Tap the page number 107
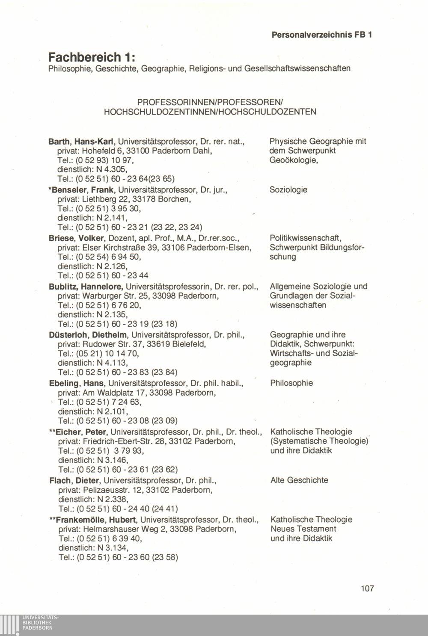tap(367, 588)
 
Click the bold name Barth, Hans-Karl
tap(83, 141)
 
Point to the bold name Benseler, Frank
tap(83, 189)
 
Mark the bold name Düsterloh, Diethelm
tap(89, 334)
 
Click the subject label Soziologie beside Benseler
tap(288, 189)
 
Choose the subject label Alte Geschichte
tap(299, 480)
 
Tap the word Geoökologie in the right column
tap(293, 160)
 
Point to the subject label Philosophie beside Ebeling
tap(291, 383)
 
